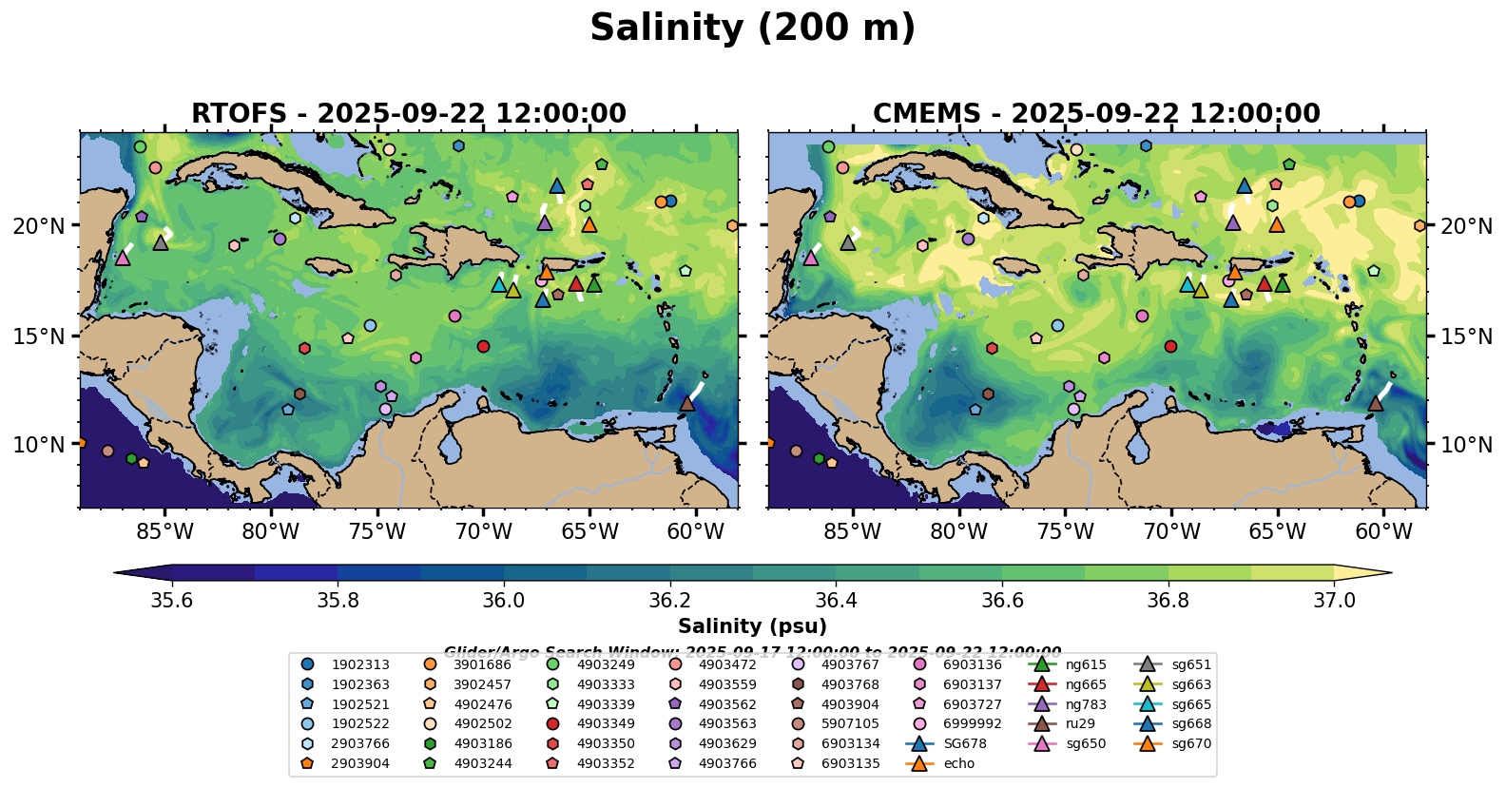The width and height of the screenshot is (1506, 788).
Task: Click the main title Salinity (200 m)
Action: (x=752, y=29)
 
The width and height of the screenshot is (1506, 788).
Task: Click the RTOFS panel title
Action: (x=409, y=114)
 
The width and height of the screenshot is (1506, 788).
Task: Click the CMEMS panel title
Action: (x=1096, y=114)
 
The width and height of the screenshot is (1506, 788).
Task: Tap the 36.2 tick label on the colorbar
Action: (x=670, y=601)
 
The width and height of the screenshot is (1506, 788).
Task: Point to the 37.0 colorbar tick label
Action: (x=1334, y=601)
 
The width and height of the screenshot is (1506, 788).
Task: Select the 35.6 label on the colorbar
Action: (x=172, y=601)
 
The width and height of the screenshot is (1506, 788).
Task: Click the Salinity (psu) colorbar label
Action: (x=752, y=626)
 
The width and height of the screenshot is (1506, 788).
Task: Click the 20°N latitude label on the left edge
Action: (x=39, y=226)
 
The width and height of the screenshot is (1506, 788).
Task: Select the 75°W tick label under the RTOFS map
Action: (x=377, y=531)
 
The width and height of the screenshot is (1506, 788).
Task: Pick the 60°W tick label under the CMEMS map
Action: (x=1383, y=531)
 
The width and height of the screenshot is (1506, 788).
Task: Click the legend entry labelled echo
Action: (x=959, y=763)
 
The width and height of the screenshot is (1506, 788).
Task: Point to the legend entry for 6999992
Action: (x=972, y=724)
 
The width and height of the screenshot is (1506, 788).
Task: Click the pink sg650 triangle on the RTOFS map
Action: (x=123, y=258)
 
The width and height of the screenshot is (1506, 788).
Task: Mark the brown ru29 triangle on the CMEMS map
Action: (x=1375, y=404)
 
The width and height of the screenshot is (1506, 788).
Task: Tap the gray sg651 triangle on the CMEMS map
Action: (x=848, y=242)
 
